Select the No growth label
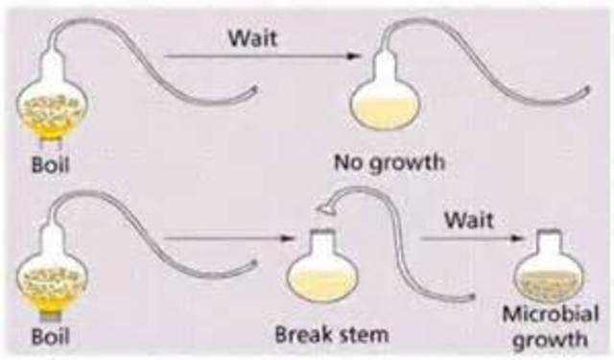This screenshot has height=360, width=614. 389,161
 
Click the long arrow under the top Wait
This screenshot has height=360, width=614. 259,58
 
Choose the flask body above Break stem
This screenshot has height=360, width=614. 322,276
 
